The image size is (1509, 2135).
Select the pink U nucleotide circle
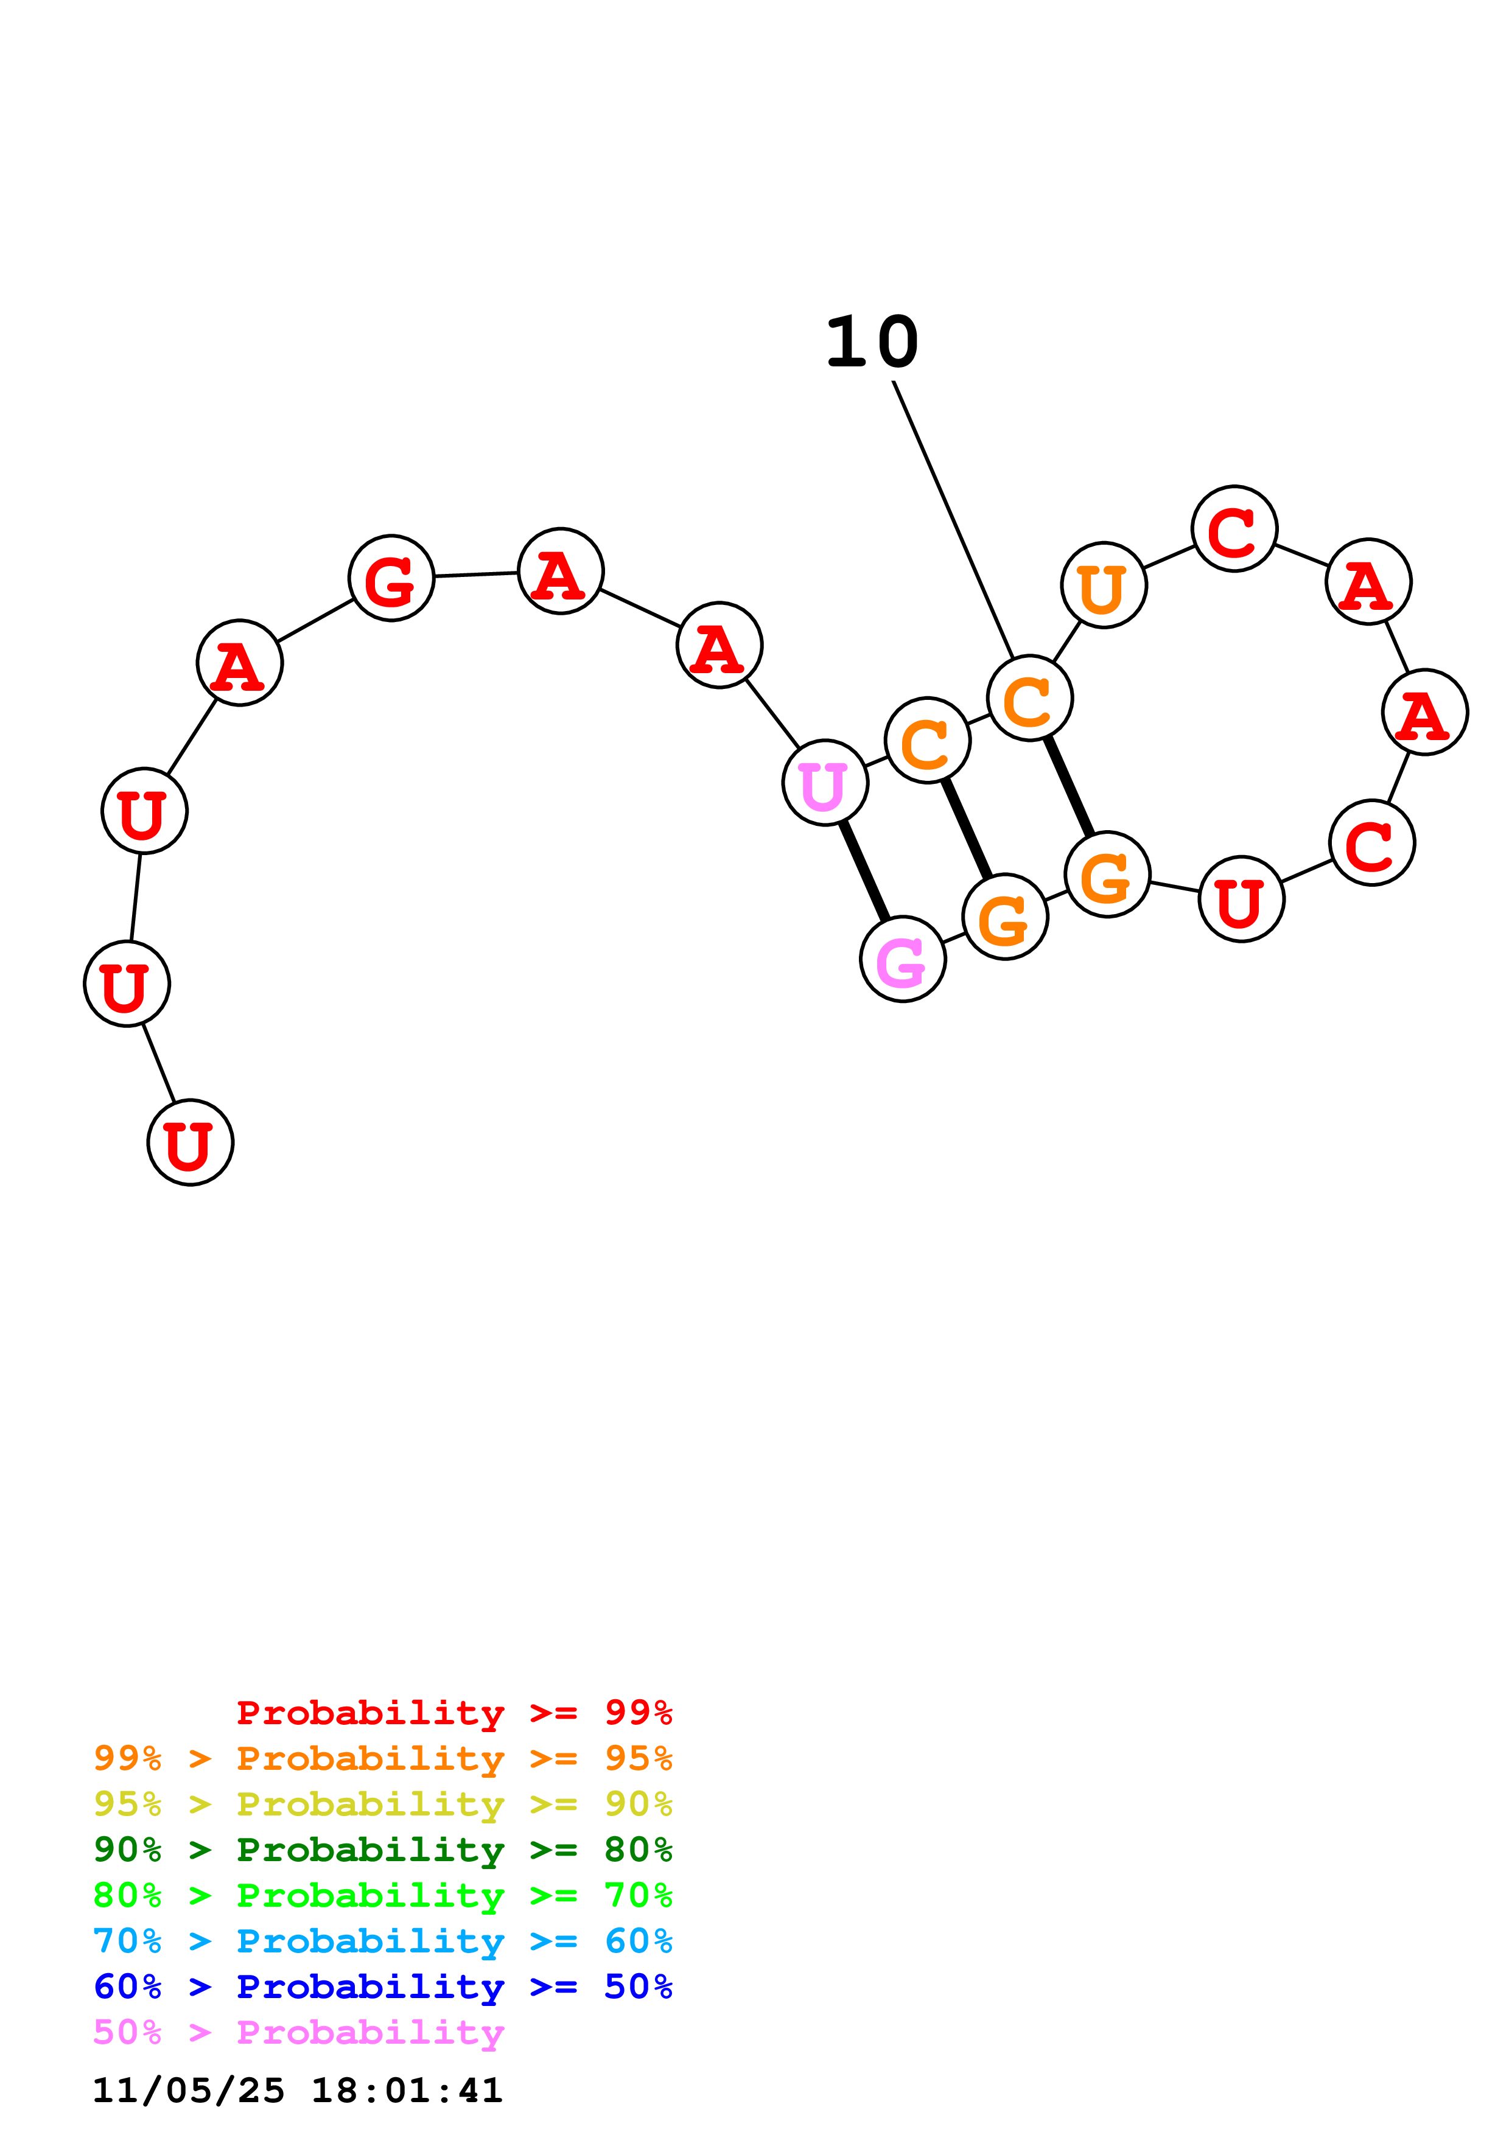coord(825,783)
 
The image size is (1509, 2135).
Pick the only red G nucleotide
coord(391,578)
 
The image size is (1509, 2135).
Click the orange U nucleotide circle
coord(1103,585)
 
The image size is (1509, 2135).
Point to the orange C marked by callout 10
coord(1029,698)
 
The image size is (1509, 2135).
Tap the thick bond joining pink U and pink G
coord(864,872)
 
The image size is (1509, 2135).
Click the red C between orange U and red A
coord(1234,528)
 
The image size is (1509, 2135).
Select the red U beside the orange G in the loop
coord(1241,899)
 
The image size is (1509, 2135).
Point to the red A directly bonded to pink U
coord(719,645)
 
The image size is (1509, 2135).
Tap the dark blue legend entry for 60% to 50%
coord(382,1986)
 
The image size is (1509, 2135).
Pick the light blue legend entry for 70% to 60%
coord(382,1941)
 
